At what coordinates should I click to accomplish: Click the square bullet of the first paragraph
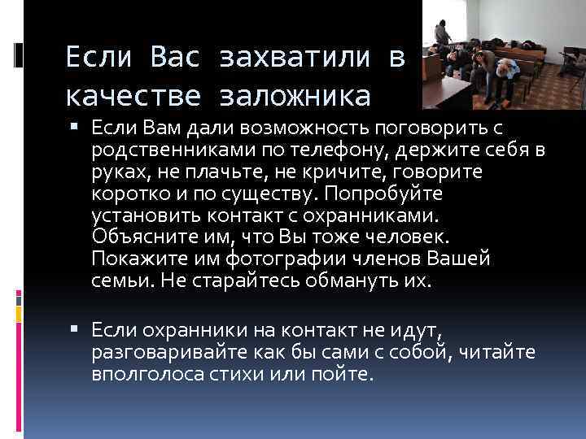(x=77, y=125)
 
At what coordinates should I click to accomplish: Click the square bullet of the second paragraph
(x=77, y=328)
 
